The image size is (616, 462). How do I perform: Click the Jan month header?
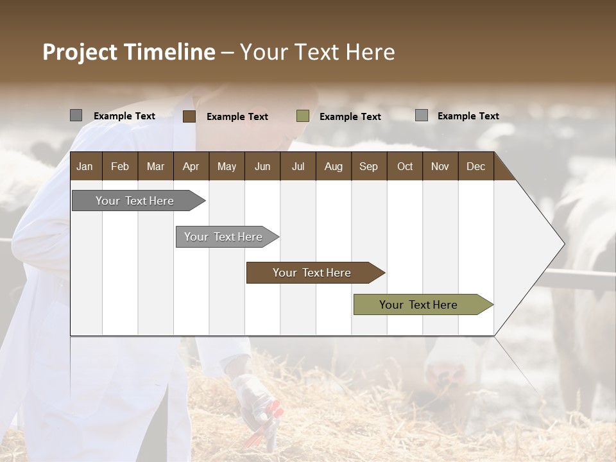[85, 167]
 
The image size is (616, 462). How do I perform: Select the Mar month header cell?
[155, 167]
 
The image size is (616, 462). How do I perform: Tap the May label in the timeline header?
[227, 167]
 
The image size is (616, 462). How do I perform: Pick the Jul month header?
[298, 167]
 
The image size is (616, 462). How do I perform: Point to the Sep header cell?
[368, 167]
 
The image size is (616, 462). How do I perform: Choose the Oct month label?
[405, 167]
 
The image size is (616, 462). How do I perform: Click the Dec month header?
[475, 167]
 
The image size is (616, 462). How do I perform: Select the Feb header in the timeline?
[120, 167]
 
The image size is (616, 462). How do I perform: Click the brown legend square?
[189, 116]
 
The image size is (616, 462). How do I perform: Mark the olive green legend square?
[303, 116]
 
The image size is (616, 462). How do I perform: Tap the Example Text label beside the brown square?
[237, 117]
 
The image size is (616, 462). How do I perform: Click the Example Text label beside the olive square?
[350, 117]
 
